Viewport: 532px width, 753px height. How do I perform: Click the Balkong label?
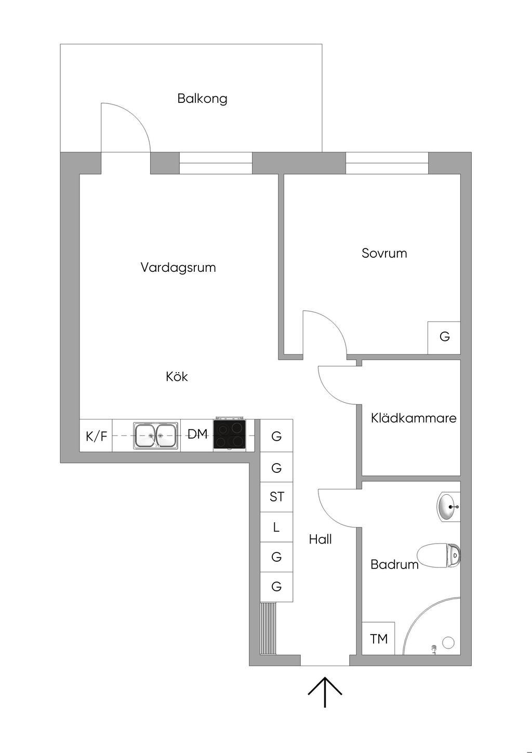click(x=202, y=99)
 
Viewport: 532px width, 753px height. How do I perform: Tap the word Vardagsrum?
click(x=178, y=268)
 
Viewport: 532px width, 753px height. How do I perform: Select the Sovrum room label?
click(x=384, y=253)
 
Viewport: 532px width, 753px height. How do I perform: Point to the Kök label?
click(x=177, y=376)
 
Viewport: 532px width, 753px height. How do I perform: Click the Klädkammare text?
click(x=414, y=418)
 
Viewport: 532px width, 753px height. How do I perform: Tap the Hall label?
click(x=320, y=539)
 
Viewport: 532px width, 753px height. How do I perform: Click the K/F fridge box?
click(x=96, y=435)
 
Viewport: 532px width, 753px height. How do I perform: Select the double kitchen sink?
click(x=155, y=435)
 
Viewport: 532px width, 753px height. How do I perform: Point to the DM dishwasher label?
click(x=197, y=434)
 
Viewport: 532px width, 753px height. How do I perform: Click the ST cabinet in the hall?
click(x=276, y=497)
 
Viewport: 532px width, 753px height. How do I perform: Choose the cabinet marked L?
click(x=276, y=527)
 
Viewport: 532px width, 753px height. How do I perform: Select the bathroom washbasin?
click(x=449, y=507)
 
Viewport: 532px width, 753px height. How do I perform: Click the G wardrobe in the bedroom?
click(x=444, y=337)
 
